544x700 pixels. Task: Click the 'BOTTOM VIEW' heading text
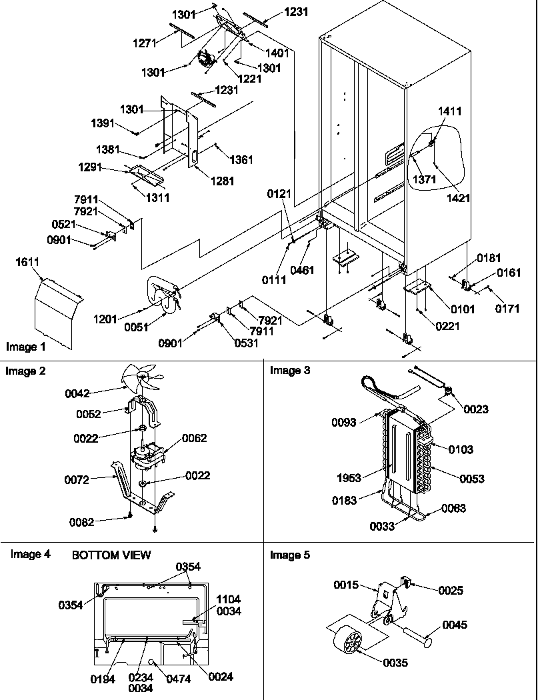tap(111, 555)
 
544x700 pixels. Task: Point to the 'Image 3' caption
tap(289, 371)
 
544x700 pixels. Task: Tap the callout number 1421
tap(458, 198)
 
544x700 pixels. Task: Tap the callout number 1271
tap(143, 43)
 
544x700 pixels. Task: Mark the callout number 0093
tap(343, 421)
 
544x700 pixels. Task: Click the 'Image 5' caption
tap(289, 555)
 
